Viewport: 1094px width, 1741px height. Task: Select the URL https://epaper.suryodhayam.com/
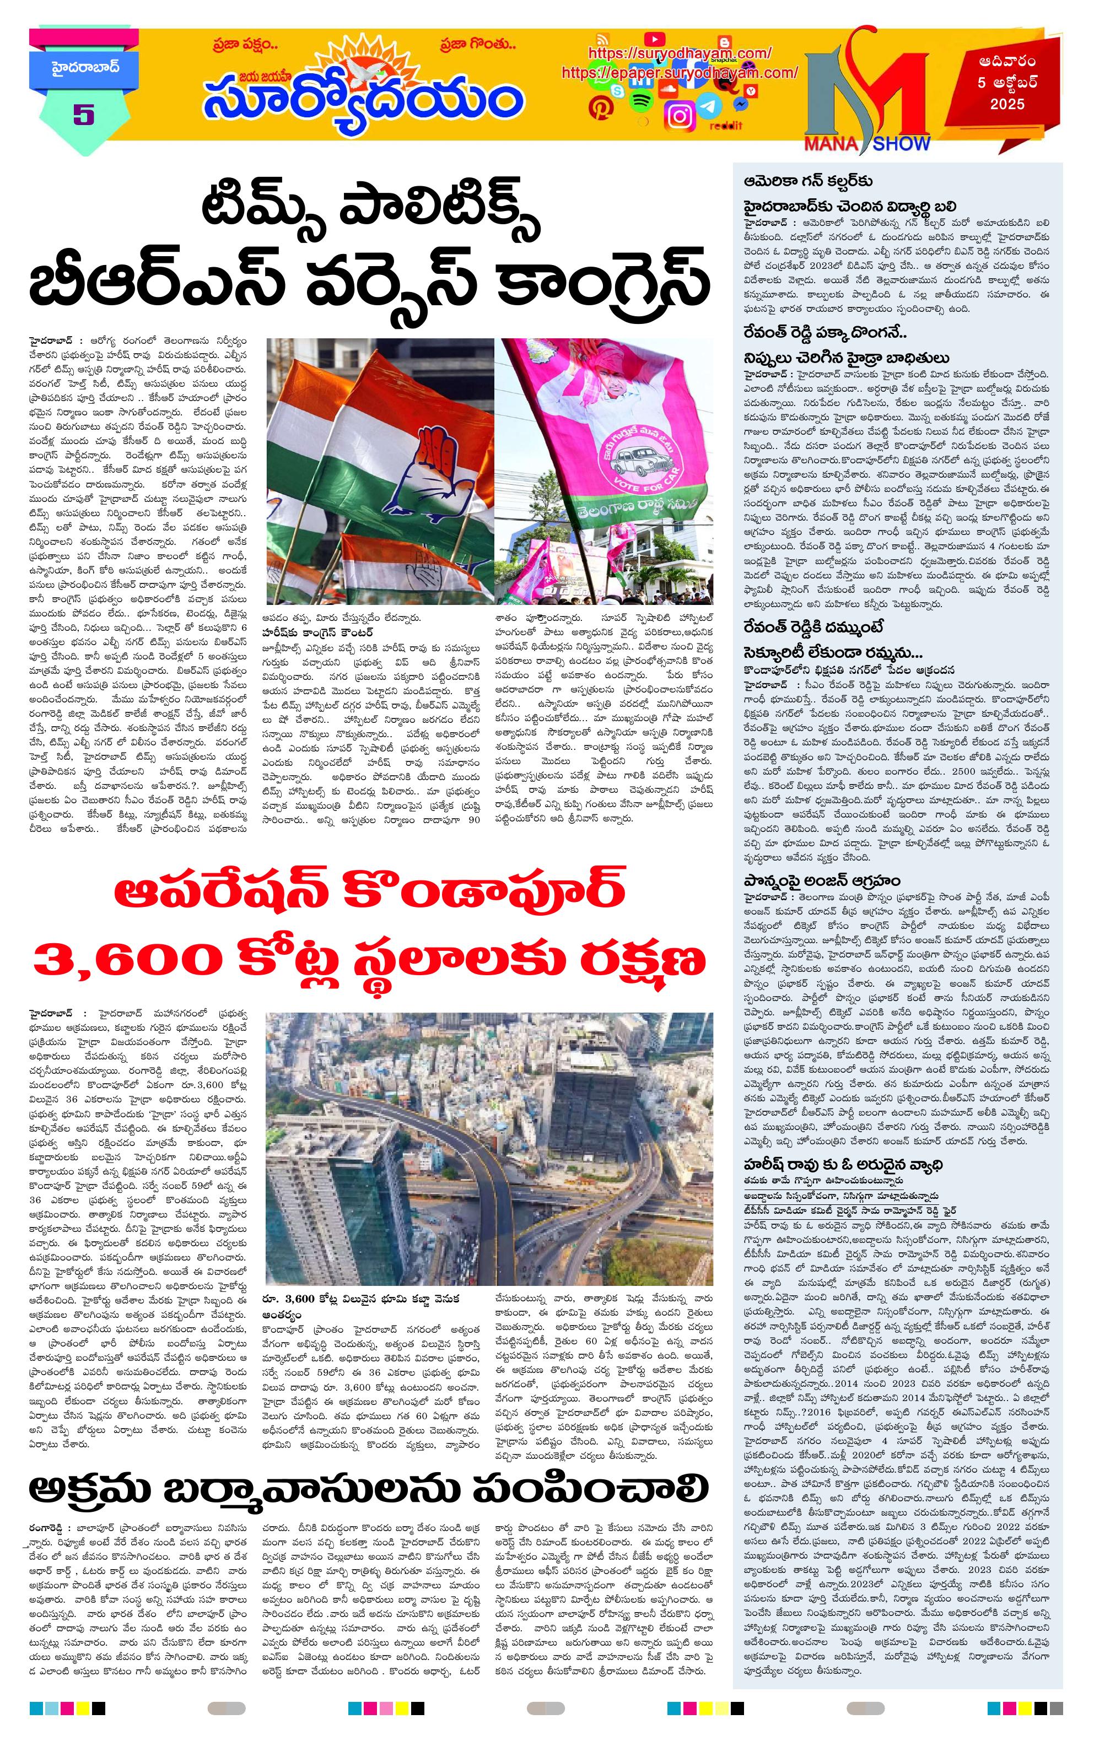(x=679, y=73)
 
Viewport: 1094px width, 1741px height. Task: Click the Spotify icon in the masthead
(x=640, y=101)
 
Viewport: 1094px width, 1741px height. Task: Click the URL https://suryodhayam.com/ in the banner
(x=679, y=53)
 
